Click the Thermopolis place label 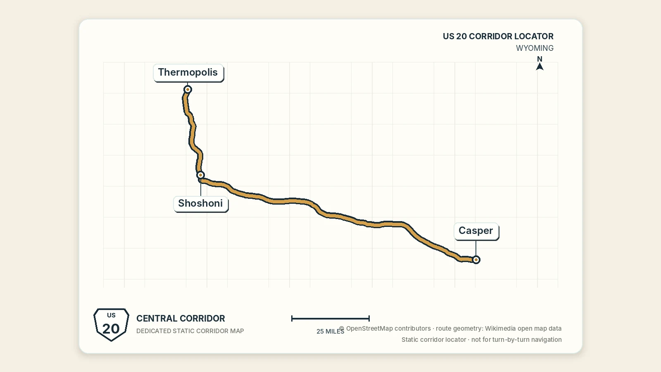tap(188, 72)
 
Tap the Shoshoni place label tap(201, 203)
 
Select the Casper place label tap(476, 231)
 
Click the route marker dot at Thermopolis tap(188, 89)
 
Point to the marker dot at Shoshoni tap(201, 175)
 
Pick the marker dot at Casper tap(476, 260)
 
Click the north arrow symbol tap(540, 67)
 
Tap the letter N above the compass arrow tap(540, 59)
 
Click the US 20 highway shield tap(111, 324)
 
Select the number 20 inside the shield tap(111, 329)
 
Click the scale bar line tap(330, 318)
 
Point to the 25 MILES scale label tap(330, 331)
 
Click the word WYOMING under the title tap(535, 48)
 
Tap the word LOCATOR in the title tap(534, 36)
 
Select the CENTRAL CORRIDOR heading tap(181, 319)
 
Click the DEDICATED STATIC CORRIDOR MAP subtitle tap(190, 331)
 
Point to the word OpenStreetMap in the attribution tap(388, 329)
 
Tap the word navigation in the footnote tap(547, 340)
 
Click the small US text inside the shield tap(111, 315)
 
